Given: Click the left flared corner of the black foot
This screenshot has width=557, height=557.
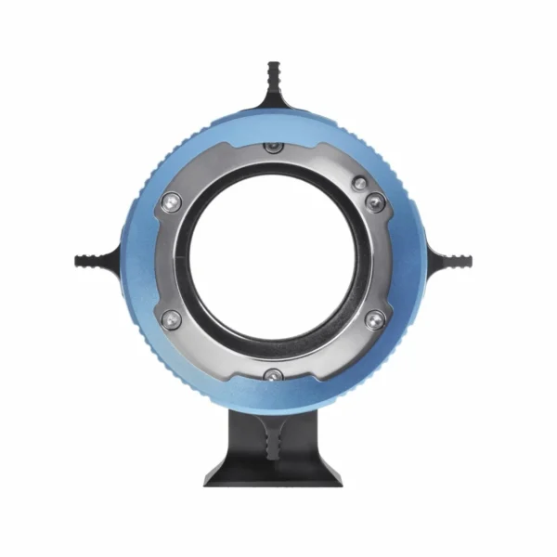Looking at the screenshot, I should pyautogui.click(x=212, y=479).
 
